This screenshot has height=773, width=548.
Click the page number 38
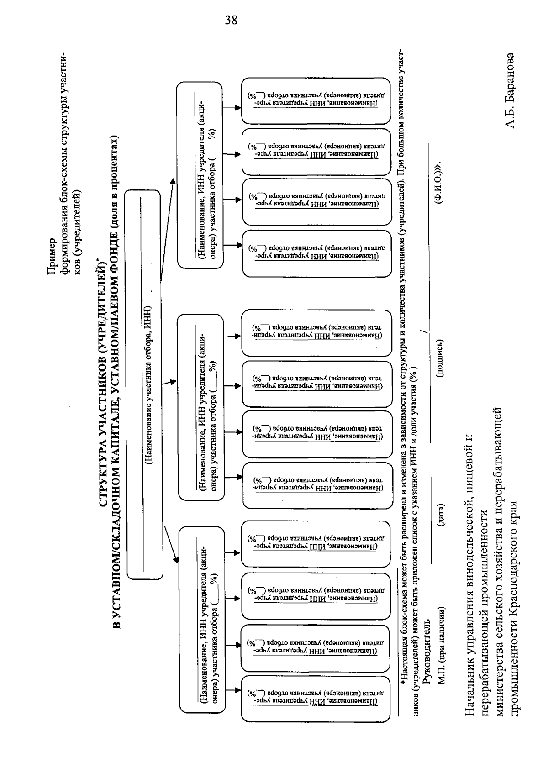232,21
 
